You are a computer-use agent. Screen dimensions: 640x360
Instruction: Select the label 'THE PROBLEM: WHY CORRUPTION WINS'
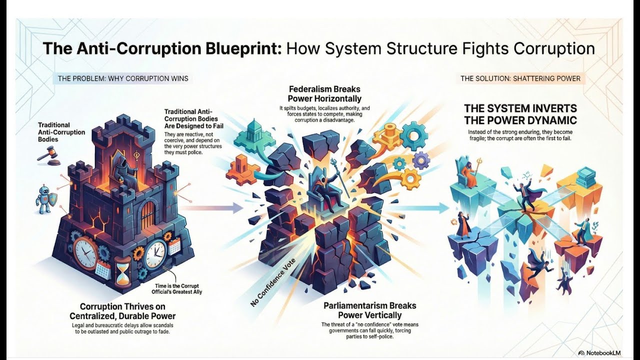click(123, 78)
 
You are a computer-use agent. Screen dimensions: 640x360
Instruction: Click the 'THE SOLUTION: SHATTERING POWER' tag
click(520, 78)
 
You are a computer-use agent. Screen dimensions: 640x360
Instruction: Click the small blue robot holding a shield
click(45, 198)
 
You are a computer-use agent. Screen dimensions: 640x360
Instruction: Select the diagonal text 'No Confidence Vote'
click(273, 282)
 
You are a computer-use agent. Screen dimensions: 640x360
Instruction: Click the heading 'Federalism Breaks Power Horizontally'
click(324, 93)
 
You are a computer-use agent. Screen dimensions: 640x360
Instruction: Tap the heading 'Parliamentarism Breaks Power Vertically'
click(370, 310)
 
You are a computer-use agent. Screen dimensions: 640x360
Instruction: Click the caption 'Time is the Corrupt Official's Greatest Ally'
click(176, 289)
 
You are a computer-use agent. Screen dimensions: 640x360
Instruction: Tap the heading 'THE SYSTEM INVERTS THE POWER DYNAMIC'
click(520, 114)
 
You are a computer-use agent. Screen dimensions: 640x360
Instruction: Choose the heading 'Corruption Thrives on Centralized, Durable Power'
click(122, 311)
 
